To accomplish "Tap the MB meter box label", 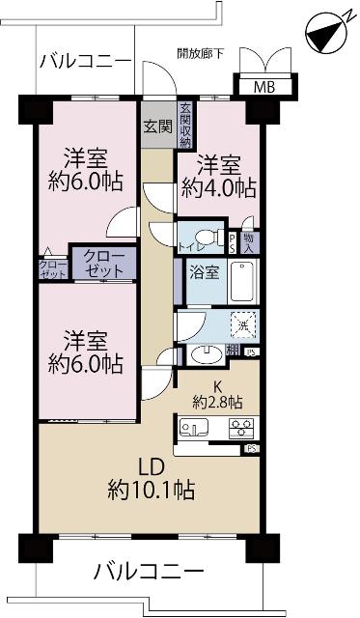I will (x=263, y=88).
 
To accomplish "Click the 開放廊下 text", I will (x=201, y=53).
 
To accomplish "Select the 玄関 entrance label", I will (x=157, y=126).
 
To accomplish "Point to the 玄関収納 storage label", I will (x=184, y=125).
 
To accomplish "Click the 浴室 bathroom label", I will (x=204, y=272).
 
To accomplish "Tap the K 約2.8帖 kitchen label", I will (x=216, y=393).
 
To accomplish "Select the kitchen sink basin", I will (x=195, y=427).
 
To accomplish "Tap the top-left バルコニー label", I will (x=85, y=61).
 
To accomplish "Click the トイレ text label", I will (x=184, y=248).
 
